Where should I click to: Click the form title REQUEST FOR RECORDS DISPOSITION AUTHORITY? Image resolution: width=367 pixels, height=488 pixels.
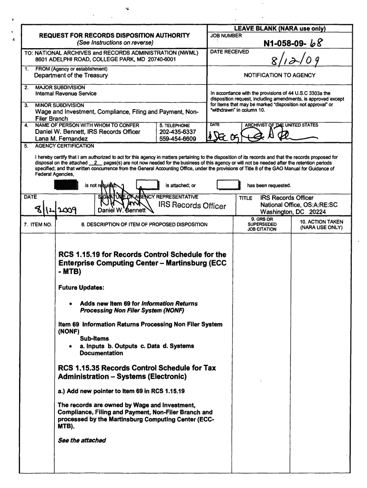pyautogui.click(x=114, y=35)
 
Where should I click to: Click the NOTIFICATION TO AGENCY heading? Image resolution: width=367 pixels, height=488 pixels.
pyautogui.click(x=279, y=75)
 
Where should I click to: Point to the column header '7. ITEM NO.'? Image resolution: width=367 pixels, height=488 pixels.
pyautogui.click(x=38, y=224)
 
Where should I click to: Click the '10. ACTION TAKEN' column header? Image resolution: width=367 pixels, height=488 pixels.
pyautogui.click(x=321, y=224)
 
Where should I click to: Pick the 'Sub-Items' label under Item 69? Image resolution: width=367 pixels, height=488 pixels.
pyautogui.click(x=91, y=338)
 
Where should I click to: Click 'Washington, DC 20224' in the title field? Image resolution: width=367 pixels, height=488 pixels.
pyautogui.click(x=293, y=212)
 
